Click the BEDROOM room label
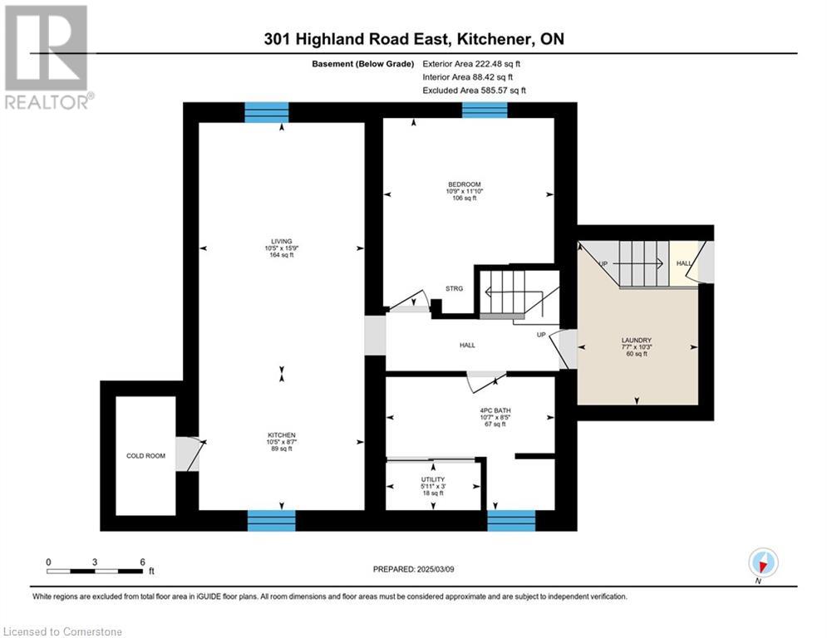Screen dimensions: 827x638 pos(464,184)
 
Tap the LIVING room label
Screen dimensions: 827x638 pos(281,242)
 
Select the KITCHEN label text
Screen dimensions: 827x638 pos(281,435)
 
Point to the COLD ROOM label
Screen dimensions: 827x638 pos(145,455)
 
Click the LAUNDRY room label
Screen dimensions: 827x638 pos(637,340)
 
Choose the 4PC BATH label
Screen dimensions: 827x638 pos(495,410)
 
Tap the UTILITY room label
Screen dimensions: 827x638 pos(433,479)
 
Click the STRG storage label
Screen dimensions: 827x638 pos(454,288)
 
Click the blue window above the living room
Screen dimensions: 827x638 pos(267,112)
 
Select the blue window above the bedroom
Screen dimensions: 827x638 pos(485,110)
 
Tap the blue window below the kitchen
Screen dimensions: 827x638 pos(272,520)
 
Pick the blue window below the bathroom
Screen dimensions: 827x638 pos(511,520)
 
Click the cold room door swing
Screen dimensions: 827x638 pos(191,454)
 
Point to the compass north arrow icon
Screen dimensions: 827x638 pos(763,562)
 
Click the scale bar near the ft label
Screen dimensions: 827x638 pos(95,571)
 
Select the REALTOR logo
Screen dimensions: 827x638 pos(47,57)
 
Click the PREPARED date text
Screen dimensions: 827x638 pos(414,569)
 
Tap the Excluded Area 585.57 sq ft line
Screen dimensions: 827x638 pos(474,91)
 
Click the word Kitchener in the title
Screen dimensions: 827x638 pos(493,39)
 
